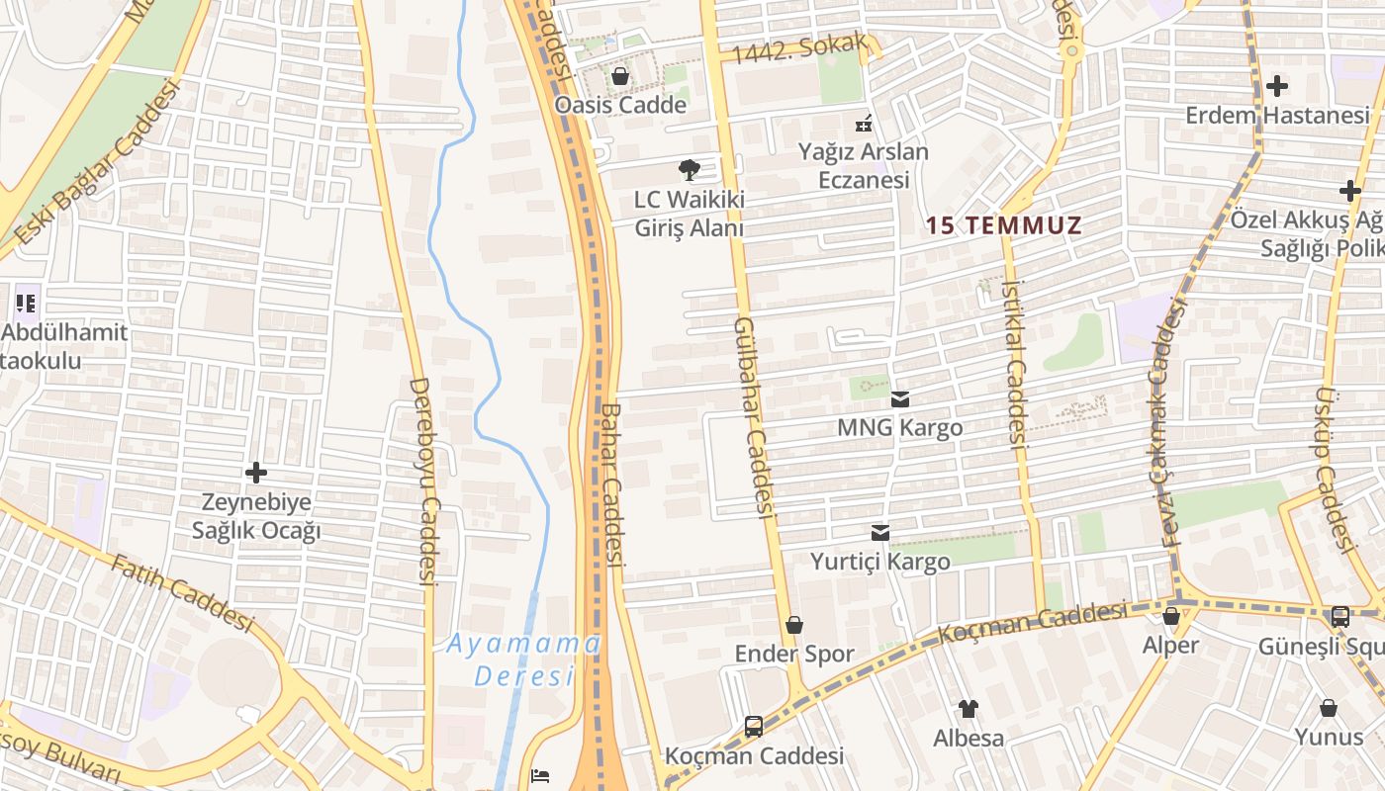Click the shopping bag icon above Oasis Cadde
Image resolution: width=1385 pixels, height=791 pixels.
tap(620, 76)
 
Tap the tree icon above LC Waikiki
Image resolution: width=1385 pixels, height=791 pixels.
tap(689, 170)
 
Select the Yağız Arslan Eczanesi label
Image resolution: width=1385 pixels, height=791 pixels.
tap(864, 165)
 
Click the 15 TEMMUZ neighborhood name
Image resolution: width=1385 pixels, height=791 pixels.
tap(1003, 225)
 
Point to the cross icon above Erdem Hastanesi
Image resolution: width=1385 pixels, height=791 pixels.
tap(1277, 86)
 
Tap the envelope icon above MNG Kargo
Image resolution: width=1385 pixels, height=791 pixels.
tap(899, 399)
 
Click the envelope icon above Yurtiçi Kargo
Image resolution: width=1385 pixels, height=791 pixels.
tap(879, 533)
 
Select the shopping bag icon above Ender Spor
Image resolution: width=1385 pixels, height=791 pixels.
tap(793, 625)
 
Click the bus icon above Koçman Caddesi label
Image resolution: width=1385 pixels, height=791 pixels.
tap(754, 727)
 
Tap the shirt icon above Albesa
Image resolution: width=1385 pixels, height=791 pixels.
tap(968, 709)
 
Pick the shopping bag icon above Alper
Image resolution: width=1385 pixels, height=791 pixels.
tap(1171, 616)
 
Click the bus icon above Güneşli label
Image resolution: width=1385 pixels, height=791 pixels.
tap(1339, 617)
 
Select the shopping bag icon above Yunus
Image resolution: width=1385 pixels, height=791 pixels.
tap(1329, 708)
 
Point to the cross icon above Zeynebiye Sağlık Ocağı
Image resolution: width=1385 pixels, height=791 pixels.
tap(256, 473)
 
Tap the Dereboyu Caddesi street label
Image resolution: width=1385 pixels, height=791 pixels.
tap(424, 482)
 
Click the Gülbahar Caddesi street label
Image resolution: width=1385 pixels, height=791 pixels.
tap(753, 417)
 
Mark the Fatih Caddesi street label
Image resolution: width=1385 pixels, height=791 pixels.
tap(182, 592)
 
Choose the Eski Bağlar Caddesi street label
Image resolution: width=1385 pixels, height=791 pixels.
tap(99, 163)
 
